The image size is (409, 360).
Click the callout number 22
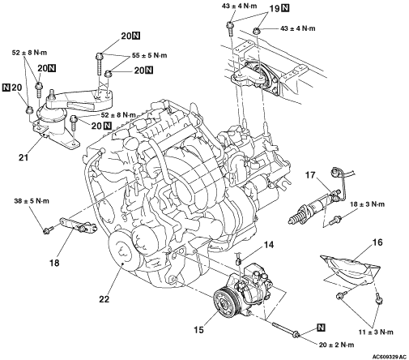coord(104,299)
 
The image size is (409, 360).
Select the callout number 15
coord(198,329)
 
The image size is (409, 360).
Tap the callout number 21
coord(23,157)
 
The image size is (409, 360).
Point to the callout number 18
coord(54,262)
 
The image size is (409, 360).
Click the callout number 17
coord(310,175)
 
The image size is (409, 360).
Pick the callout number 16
coord(377,242)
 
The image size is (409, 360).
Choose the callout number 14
coord(269,245)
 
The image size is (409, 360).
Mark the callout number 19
coord(275,9)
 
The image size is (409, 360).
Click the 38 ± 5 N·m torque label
coord(32,201)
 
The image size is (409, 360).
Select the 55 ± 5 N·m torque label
coord(149,55)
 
